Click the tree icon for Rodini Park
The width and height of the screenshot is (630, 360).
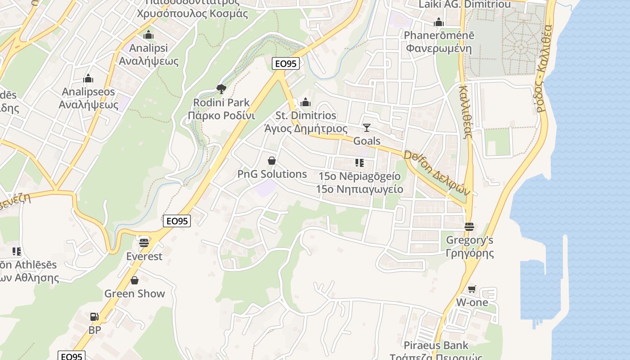(x=221, y=89)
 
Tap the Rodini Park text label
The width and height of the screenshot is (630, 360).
(x=221, y=103)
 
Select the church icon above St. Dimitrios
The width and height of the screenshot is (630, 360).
(x=306, y=102)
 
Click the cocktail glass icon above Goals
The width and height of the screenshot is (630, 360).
(x=367, y=128)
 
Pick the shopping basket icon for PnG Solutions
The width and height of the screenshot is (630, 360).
(x=272, y=161)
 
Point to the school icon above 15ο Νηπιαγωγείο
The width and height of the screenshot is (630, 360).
(x=359, y=162)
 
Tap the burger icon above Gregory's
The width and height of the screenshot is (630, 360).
(x=469, y=227)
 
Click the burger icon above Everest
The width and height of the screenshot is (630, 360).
(x=144, y=243)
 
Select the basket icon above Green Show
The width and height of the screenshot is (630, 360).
(x=135, y=281)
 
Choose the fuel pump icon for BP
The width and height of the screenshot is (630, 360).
(x=94, y=317)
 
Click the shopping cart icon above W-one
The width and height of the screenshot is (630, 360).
(x=472, y=289)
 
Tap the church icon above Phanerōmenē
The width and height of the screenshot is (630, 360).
(x=439, y=22)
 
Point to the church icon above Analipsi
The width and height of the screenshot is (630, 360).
(x=148, y=35)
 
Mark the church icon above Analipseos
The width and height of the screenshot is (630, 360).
(x=88, y=79)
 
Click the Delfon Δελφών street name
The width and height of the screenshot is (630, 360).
(x=437, y=173)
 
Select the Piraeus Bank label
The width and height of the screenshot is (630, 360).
(x=436, y=346)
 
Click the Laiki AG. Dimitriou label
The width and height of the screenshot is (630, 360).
(x=465, y=4)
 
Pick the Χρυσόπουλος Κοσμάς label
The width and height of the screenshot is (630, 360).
(x=192, y=13)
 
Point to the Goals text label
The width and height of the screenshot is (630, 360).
(x=367, y=141)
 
